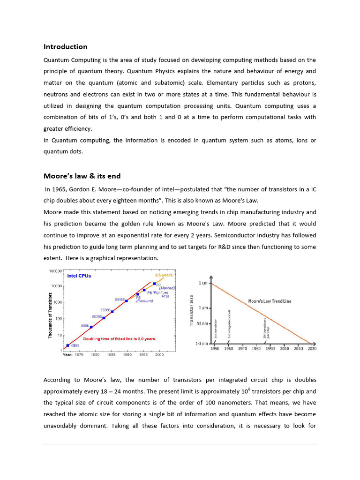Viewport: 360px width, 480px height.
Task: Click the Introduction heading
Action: (65, 46)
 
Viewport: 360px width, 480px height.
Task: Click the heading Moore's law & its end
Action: (82, 176)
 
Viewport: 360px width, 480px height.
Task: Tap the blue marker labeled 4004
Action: (68, 345)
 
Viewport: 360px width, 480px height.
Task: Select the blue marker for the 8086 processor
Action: (91, 327)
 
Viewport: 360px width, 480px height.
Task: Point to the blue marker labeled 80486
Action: (127, 300)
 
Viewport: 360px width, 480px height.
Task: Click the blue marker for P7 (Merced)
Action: (154, 284)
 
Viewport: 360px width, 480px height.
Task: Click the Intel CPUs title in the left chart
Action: (79, 276)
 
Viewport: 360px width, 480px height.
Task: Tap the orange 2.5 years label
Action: (164, 275)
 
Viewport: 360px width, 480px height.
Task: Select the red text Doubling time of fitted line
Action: (120, 338)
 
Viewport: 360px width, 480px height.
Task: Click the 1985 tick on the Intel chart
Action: (111, 355)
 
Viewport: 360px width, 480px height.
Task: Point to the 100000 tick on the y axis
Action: (56, 271)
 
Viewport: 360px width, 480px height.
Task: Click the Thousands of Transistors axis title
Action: (50, 315)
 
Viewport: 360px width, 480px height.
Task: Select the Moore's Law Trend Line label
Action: (270, 301)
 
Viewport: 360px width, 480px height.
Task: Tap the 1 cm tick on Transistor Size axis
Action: (203, 283)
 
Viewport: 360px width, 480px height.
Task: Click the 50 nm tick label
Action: (202, 324)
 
